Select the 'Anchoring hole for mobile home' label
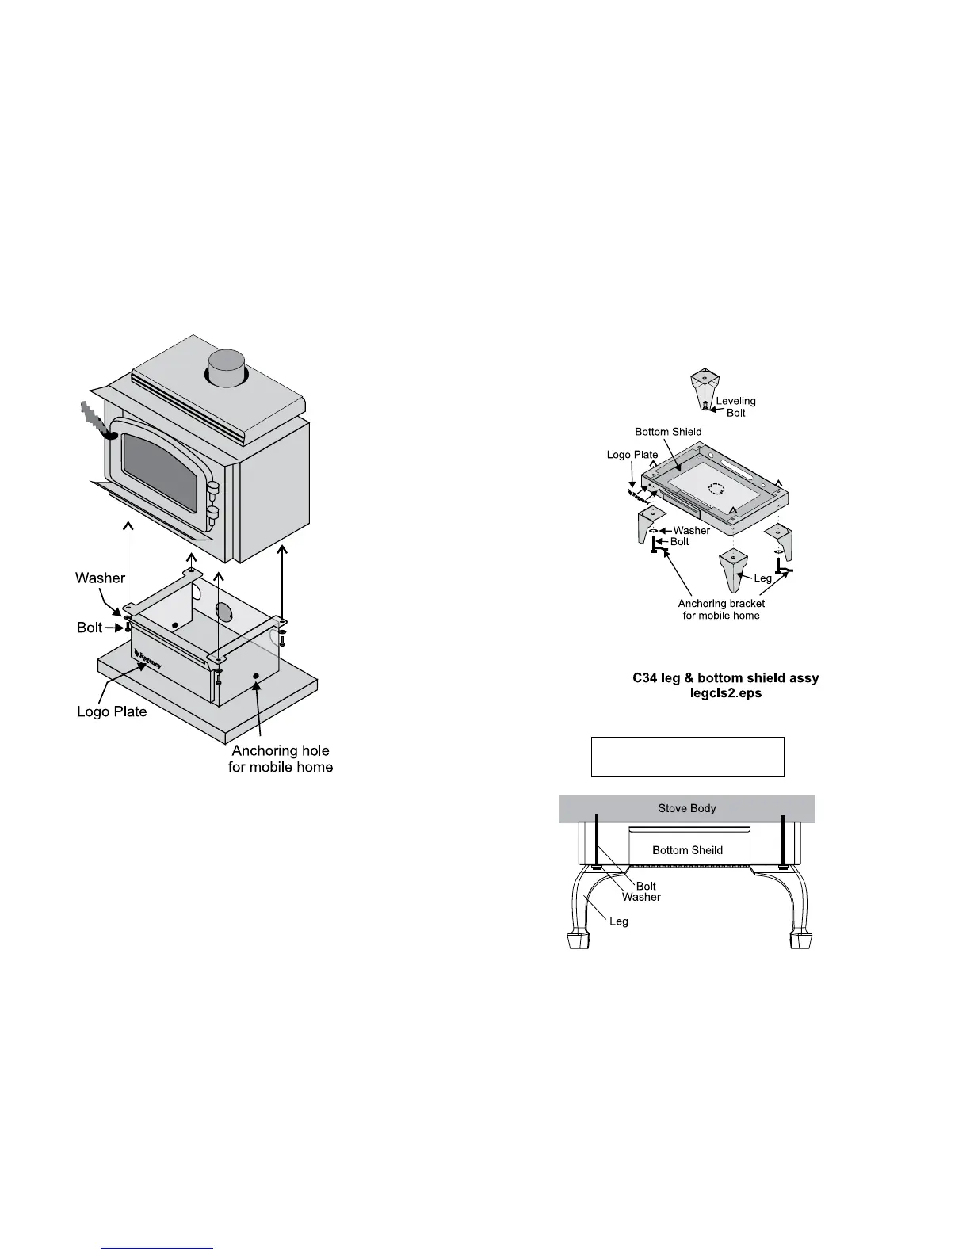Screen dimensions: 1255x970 (281, 758)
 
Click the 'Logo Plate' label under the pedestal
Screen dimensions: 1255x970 (112, 711)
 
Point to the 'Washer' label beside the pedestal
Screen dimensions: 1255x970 (100, 578)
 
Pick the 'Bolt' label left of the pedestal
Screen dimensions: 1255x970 (90, 627)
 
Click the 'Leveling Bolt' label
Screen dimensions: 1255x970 (736, 406)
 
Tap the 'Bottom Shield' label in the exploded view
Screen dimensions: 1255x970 (668, 432)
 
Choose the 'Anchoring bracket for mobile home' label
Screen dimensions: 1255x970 (721, 609)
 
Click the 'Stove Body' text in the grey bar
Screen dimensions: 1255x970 (687, 809)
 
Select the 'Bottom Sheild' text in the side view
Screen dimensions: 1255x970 (687, 850)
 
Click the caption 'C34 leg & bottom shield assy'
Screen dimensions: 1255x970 (725, 678)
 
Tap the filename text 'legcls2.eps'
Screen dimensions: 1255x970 (725, 693)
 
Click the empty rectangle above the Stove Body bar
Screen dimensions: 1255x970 (687, 757)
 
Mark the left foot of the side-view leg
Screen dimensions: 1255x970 (577, 940)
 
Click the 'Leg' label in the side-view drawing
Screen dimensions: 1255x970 (618, 921)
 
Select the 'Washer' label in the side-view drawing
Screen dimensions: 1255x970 (641, 897)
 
